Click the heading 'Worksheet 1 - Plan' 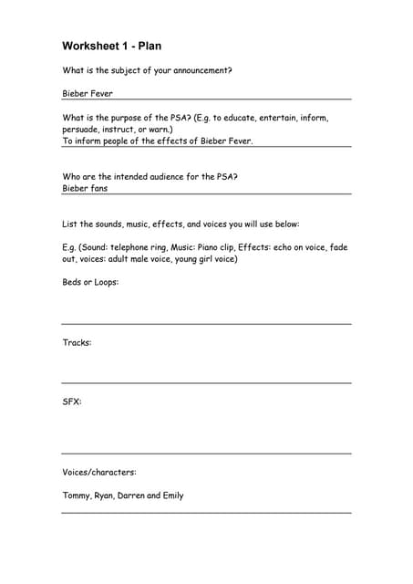111,46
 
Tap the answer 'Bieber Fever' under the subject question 88,93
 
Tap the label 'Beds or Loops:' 90,282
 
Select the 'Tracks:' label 77,342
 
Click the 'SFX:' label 72,401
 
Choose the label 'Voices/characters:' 98,472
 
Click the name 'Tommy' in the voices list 76,495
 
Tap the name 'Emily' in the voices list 172,495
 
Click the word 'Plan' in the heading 150,46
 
